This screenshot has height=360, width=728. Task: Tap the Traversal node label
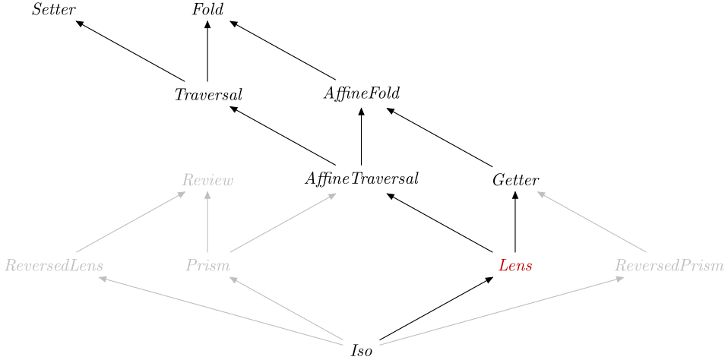pos(207,96)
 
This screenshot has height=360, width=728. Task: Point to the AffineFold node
pos(361,94)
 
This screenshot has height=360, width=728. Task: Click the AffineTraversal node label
pos(361,180)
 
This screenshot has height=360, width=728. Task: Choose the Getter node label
pos(515,180)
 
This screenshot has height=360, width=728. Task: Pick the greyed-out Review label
pos(207,180)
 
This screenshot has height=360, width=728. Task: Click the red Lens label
pos(515,266)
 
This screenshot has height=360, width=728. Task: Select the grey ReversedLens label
pos(54,266)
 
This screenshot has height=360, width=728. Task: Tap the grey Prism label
pos(207,266)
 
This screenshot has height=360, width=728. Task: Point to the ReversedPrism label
pos(669,266)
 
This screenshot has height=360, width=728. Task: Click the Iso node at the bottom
pos(361,351)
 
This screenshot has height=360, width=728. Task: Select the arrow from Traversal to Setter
pos(131,51)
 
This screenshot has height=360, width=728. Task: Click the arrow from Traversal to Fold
pos(207,51)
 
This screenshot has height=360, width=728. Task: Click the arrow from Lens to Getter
pos(515,223)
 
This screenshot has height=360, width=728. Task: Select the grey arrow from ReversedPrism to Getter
pos(591,222)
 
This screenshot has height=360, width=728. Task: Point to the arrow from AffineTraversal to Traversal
pos(283,136)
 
